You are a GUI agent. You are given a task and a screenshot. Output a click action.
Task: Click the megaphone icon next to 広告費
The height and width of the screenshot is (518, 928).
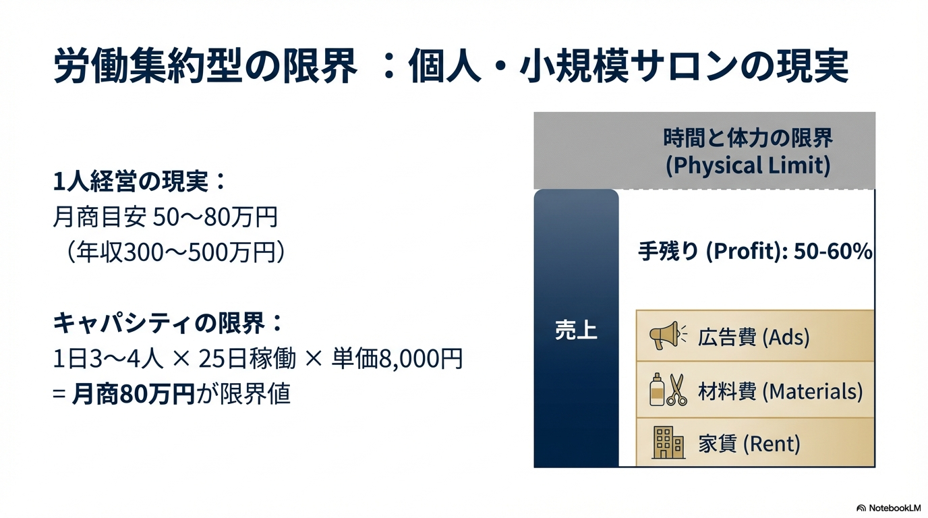click(668, 336)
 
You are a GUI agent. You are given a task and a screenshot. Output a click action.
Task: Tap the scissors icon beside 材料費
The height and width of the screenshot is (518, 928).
click(677, 391)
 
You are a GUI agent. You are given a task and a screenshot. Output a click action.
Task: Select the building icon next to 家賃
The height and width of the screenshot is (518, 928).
click(668, 442)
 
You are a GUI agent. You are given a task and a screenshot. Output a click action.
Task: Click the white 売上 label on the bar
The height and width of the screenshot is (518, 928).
click(576, 330)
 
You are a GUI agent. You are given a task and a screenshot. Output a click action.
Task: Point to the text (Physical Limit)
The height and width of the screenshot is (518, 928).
click(748, 165)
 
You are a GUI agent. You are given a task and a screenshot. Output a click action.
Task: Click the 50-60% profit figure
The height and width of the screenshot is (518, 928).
click(833, 251)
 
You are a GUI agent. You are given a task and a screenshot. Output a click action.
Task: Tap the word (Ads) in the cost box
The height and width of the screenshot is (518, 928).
click(786, 337)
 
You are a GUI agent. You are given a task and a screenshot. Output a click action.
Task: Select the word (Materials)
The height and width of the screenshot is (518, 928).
click(813, 391)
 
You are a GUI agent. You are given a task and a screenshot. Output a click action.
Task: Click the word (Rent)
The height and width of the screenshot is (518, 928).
click(772, 444)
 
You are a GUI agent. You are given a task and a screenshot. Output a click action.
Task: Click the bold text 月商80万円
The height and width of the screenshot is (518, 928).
click(133, 394)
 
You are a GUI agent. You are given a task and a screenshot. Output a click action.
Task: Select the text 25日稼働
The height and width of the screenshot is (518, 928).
click(247, 359)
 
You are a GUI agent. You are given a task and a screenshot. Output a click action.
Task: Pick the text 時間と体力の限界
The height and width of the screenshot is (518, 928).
click(748, 138)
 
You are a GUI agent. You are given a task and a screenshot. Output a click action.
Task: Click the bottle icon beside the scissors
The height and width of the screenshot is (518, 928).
click(657, 390)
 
